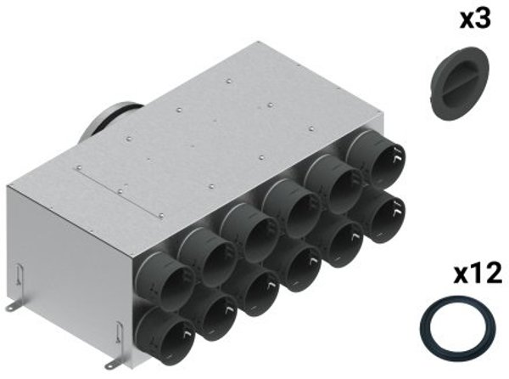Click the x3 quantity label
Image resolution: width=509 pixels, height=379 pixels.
[475, 19]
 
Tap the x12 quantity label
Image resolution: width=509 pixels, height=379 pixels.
[478, 274]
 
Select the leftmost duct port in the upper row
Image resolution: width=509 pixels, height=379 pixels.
[164, 276]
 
